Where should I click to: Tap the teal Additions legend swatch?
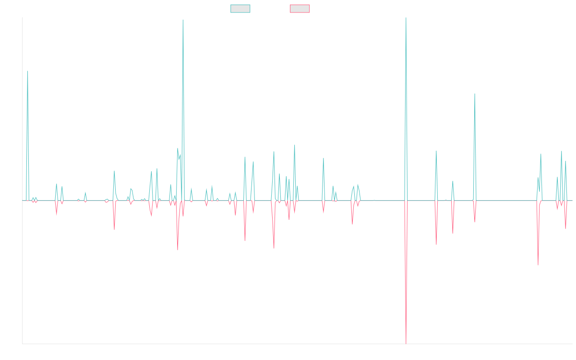[x=240, y=9]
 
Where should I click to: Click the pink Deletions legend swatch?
[x=300, y=9]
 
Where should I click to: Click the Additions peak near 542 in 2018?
[x=27, y=71]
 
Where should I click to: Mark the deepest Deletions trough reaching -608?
[x=406, y=343]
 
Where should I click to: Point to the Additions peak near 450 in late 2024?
[x=475, y=94]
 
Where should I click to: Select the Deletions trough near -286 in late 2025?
[x=538, y=265]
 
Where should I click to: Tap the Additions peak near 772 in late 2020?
[x=183, y=20]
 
